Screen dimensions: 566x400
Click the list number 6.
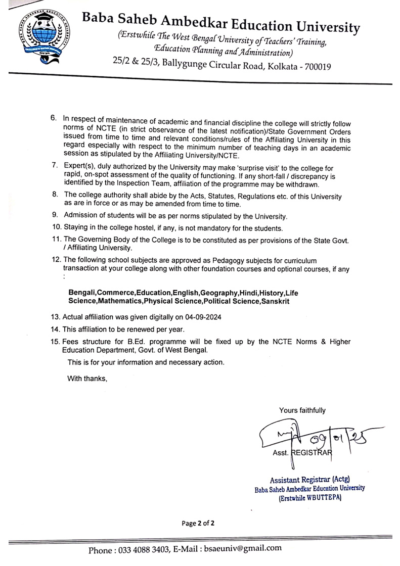pyautogui.click(x=53, y=117)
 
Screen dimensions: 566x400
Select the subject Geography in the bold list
pyautogui.click(x=219, y=293)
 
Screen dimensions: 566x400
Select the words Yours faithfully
pyautogui.click(x=302, y=410)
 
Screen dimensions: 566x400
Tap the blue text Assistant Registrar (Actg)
pyautogui.click(x=309, y=479)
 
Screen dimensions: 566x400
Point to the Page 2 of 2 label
pyautogui.click(x=198, y=524)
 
